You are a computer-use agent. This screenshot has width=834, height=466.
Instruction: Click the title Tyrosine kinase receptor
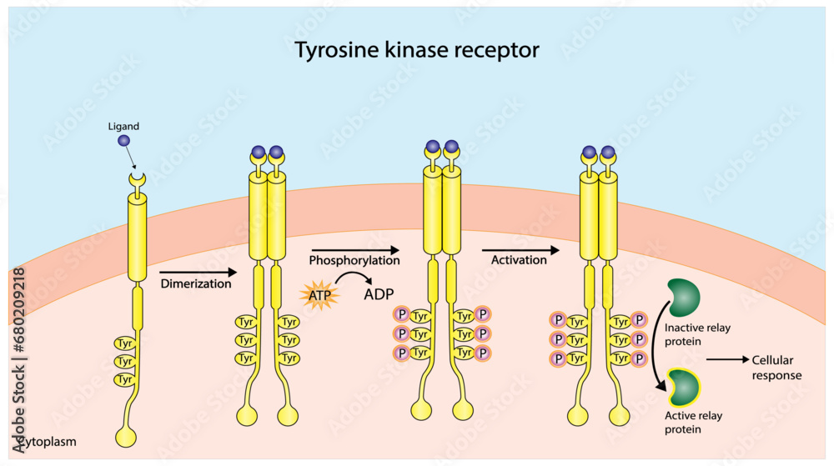pyautogui.click(x=417, y=50)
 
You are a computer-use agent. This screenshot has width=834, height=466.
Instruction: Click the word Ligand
pyautogui.click(x=123, y=126)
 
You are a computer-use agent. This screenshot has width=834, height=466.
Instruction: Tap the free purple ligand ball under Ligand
pyautogui.click(x=123, y=141)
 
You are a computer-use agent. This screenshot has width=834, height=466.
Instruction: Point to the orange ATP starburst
pyautogui.click(x=318, y=294)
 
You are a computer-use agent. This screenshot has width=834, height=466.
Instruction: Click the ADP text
pyautogui.click(x=379, y=295)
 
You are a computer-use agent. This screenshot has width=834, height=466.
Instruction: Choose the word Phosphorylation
pyautogui.click(x=354, y=260)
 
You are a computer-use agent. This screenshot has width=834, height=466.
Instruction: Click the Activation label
pyautogui.click(x=519, y=260)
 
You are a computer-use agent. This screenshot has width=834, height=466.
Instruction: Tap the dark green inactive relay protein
pyautogui.click(x=683, y=298)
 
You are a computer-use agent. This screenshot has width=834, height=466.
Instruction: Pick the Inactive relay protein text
pyautogui.click(x=697, y=334)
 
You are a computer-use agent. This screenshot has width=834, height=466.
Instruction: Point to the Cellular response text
pyautogui.click(x=776, y=368)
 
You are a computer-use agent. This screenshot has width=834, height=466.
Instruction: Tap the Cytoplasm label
pyautogui.click(x=43, y=439)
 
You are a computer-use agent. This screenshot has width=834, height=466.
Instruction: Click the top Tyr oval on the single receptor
pyautogui.click(x=125, y=343)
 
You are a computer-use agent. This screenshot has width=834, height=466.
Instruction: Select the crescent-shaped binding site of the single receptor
pyautogui.click(x=135, y=178)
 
